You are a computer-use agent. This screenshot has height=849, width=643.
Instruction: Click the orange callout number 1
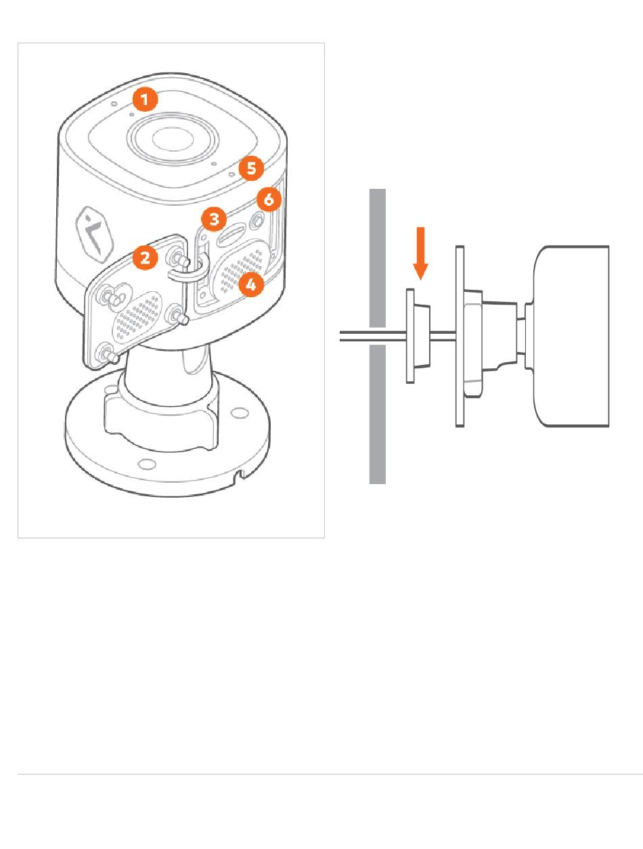click(x=145, y=99)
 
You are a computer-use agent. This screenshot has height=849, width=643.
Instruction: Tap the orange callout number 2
click(x=145, y=257)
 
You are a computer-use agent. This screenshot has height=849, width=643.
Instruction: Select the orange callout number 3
click(x=214, y=219)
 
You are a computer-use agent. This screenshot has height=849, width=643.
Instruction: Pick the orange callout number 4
click(x=251, y=284)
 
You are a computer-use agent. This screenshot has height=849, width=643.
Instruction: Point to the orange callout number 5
click(x=251, y=169)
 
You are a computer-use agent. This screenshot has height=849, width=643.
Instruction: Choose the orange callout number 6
click(x=268, y=199)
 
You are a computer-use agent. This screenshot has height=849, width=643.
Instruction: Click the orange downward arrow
click(x=420, y=253)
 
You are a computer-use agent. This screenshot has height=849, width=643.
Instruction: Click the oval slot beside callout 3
click(x=231, y=236)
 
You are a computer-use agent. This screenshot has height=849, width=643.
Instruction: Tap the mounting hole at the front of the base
click(x=147, y=464)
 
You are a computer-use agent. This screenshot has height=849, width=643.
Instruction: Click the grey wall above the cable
click(x=378, y=258)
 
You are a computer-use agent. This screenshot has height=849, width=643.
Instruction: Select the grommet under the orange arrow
click(x=418, y=336)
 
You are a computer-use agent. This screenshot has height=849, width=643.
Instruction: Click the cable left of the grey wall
click(x=354, y=336)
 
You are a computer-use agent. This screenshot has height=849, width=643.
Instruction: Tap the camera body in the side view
click(x=571, y=336)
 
